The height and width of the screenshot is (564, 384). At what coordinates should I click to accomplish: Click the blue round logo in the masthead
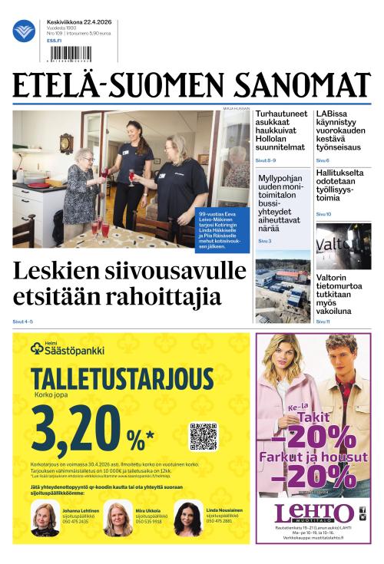tap(24, 31)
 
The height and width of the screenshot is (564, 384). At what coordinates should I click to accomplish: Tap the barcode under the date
tap(69, 53)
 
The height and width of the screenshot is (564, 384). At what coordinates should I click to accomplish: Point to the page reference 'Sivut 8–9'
tap(266, 160)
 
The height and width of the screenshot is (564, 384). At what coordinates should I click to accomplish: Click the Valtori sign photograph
tap(343, 247)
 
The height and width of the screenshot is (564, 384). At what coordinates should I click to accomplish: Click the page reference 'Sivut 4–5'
tap(23, 321)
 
